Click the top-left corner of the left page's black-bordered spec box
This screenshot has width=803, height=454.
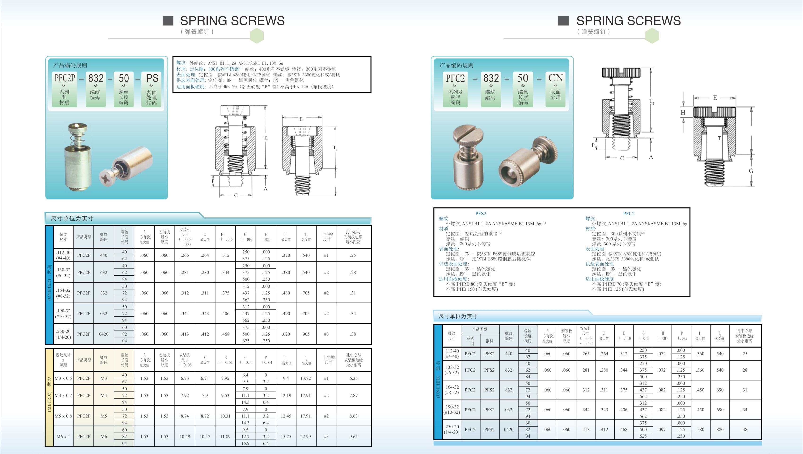tap(173, 57)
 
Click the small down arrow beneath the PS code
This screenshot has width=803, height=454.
tap(152, 85)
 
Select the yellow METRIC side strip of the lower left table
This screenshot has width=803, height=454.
tap(49, 398)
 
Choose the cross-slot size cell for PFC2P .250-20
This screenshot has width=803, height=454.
tap(326, 334)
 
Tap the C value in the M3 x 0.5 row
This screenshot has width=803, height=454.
tap(205, 378)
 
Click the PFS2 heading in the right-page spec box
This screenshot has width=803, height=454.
tap(481, 214)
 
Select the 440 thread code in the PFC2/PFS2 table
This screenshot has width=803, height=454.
tap(509, 353)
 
